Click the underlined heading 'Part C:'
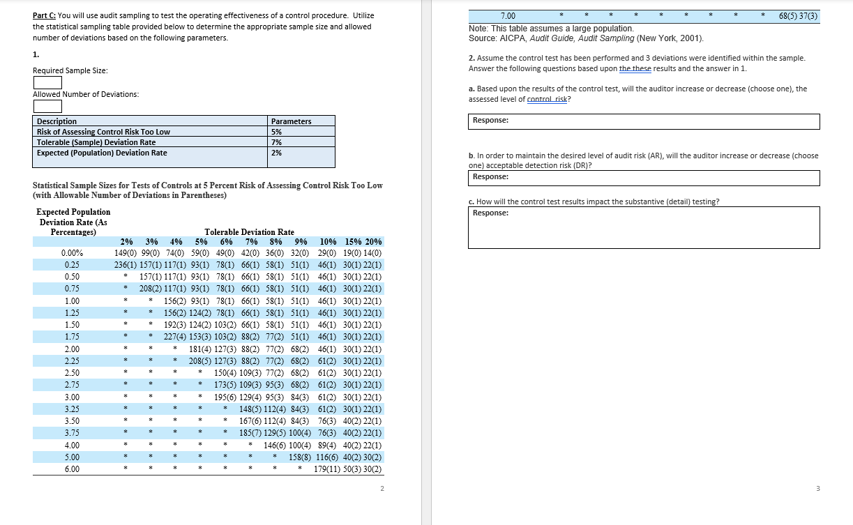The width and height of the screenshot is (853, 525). click(x=45, y=15)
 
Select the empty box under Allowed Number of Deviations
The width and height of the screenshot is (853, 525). click(x=47, y=106)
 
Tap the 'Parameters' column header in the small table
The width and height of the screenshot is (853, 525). click(x=291, y=121)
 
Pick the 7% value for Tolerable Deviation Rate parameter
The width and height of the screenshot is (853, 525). click(x=276, y=142)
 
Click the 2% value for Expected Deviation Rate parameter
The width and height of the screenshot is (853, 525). click(x=276, y=153)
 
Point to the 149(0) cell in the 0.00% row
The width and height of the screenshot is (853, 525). click(x=127, y=253)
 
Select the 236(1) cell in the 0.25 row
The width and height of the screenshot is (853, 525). click(x=127, y=265)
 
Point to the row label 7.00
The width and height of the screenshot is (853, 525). click(x=508, y=15)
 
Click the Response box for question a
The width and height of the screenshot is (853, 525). click(x=644, y=121)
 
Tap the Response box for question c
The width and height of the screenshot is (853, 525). click(x=644, y=227)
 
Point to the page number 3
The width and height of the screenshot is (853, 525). click(x=818, y=489)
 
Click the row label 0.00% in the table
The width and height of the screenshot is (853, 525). click(x=73, y=253)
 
